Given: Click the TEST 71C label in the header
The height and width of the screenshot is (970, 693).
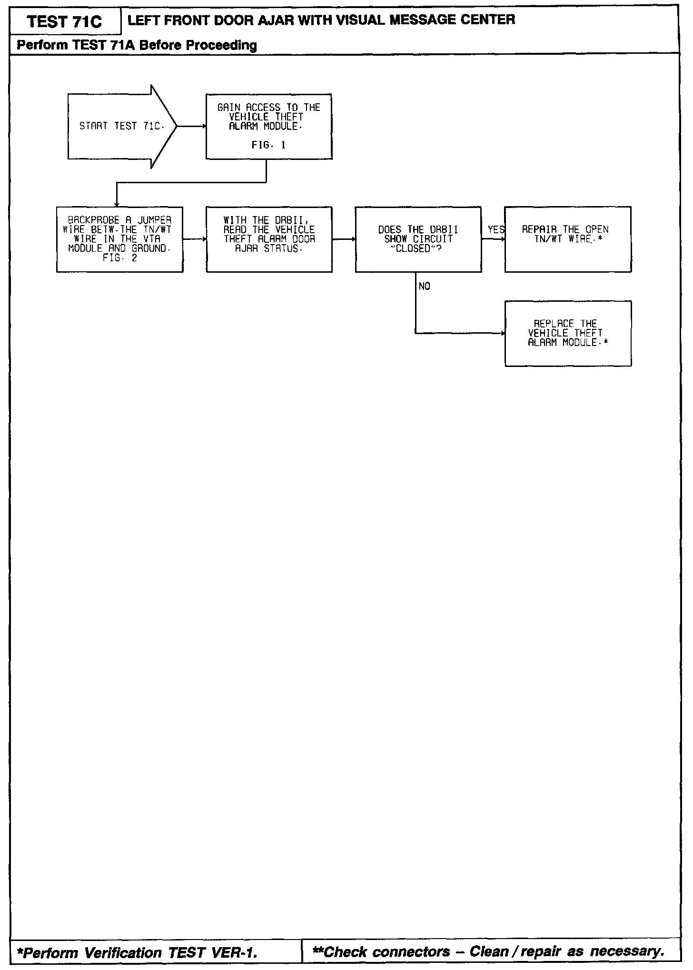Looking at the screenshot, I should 64,22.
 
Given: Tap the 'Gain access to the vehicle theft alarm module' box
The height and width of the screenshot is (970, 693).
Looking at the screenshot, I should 268,126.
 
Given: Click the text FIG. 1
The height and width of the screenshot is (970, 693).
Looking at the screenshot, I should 268,145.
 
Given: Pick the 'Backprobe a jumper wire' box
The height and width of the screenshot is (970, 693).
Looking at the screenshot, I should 119,239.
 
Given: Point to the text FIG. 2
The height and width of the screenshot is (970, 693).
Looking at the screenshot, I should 119,258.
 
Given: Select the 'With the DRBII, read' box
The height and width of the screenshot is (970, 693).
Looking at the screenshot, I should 269,239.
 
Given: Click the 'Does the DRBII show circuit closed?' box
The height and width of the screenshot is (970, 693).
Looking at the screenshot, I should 418,239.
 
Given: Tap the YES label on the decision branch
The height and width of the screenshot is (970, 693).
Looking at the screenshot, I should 495,230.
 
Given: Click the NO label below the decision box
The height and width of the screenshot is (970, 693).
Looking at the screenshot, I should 424,286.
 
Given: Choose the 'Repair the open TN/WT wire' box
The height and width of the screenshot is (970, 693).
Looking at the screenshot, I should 568,239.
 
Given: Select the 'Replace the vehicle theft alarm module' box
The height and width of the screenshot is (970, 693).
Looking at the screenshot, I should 568,333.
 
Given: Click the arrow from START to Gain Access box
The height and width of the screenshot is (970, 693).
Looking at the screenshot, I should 191,127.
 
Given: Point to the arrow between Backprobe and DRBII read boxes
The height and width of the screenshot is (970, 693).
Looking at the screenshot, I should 194,239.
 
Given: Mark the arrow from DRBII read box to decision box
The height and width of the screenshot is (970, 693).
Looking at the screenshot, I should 344,239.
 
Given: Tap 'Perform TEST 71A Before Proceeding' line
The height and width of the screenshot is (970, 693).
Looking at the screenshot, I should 137,45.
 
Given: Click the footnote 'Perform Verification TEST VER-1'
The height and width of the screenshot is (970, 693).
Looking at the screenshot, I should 138,952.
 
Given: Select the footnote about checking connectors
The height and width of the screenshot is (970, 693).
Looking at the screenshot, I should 487,951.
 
